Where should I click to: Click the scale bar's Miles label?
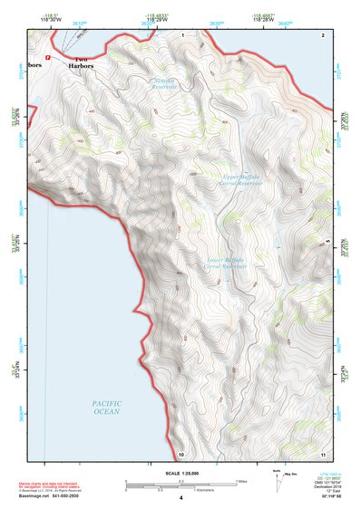point(240,480)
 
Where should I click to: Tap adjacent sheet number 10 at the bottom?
point(181,453)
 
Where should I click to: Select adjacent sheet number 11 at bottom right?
point(322,453)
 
